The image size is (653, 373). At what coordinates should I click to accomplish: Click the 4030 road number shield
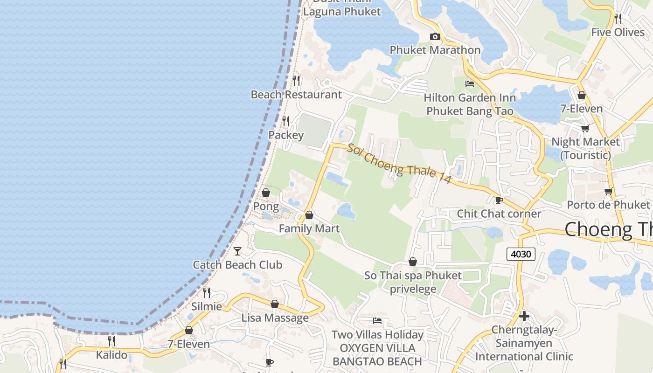click(521, 254)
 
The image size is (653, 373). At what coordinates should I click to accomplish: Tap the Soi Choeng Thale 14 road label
click(398, 163)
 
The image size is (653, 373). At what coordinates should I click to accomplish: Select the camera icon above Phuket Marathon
click(435, 37)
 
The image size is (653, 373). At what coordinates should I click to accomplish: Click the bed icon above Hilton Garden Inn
click(470, 84)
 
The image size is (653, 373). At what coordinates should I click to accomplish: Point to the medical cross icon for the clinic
click(524, 316)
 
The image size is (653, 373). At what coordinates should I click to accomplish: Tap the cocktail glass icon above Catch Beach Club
click(237, 251)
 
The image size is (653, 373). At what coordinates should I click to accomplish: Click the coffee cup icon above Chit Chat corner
click(499, 200)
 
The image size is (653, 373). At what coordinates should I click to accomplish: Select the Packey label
click(286, 135)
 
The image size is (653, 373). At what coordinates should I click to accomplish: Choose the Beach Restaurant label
click(296, 95)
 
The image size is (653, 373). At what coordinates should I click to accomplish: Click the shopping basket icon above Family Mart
click(309, 215)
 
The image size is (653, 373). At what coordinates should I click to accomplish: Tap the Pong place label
click(266, 206)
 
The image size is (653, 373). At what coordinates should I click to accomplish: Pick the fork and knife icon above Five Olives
click(618, 19)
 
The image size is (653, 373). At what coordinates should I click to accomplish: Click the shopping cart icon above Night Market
click(585, 128)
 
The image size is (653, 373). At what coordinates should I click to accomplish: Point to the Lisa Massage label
click(275, 318)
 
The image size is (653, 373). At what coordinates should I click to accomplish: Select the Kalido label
click(111, 355)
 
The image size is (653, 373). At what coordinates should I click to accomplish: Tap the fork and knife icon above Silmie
click(206, 293)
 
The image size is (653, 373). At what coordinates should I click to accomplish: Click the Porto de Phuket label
click(608, 205)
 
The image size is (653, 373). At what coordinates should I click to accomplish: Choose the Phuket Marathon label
click(435, 50)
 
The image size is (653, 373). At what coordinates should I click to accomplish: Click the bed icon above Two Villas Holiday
click(377, 321)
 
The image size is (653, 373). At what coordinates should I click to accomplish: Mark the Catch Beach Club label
click(237, 265)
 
